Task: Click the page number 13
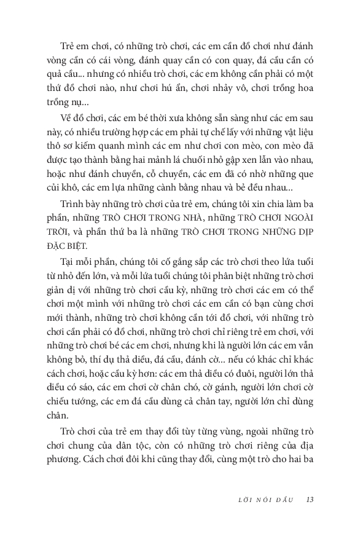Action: click(310, 498)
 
